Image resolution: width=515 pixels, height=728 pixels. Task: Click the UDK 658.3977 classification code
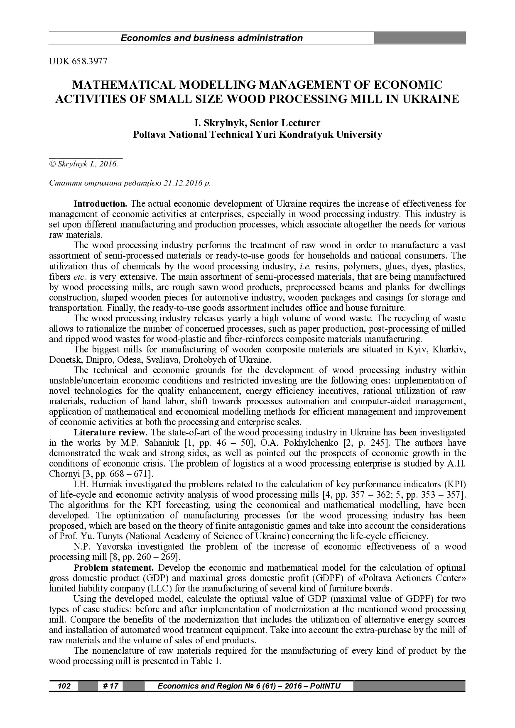(x=78, y=62)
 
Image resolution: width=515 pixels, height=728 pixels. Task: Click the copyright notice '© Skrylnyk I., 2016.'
(x=83, y=164)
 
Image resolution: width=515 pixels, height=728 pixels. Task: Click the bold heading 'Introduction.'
(x=100, y=204)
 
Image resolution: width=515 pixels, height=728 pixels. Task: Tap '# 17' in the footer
(x=110, y=686)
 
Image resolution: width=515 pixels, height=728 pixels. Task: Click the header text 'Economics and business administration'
(x=211, y=38)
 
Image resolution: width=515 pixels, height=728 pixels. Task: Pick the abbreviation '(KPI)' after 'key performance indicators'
(x=455, y=484)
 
